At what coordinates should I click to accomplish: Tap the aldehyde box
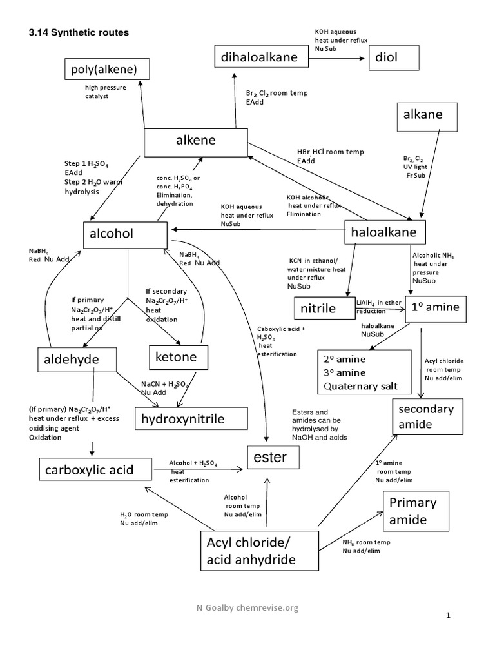[77, 358]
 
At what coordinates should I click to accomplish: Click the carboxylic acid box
[90, 470]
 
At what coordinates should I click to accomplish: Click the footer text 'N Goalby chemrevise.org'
[248, 607]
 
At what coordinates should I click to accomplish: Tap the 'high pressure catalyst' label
[106, 92]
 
